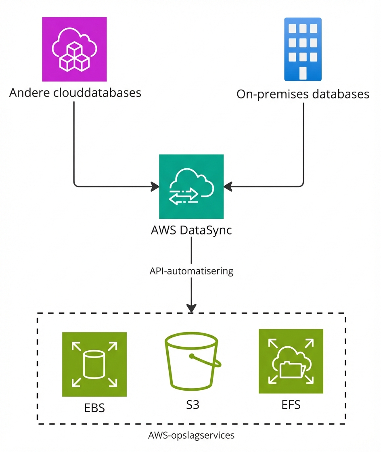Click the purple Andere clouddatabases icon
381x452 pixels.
click(75, 49)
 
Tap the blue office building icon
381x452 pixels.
click(303, 49)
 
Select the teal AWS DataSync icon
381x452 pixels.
click(191, 187)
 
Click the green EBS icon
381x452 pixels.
click(94, 364)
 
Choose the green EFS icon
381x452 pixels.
click(291, 361)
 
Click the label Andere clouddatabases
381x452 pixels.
click(75, 93)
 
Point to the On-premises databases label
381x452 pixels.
click(303, 94)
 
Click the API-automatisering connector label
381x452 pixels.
click(191, 271)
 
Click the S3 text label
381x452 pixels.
click(193, 405)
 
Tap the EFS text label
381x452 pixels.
click(291, 404)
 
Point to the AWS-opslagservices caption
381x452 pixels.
click(191, 435)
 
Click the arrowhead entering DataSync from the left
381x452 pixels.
click(155, 186)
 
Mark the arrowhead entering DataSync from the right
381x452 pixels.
click(228, 186)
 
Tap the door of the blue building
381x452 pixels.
click(303, 73)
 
